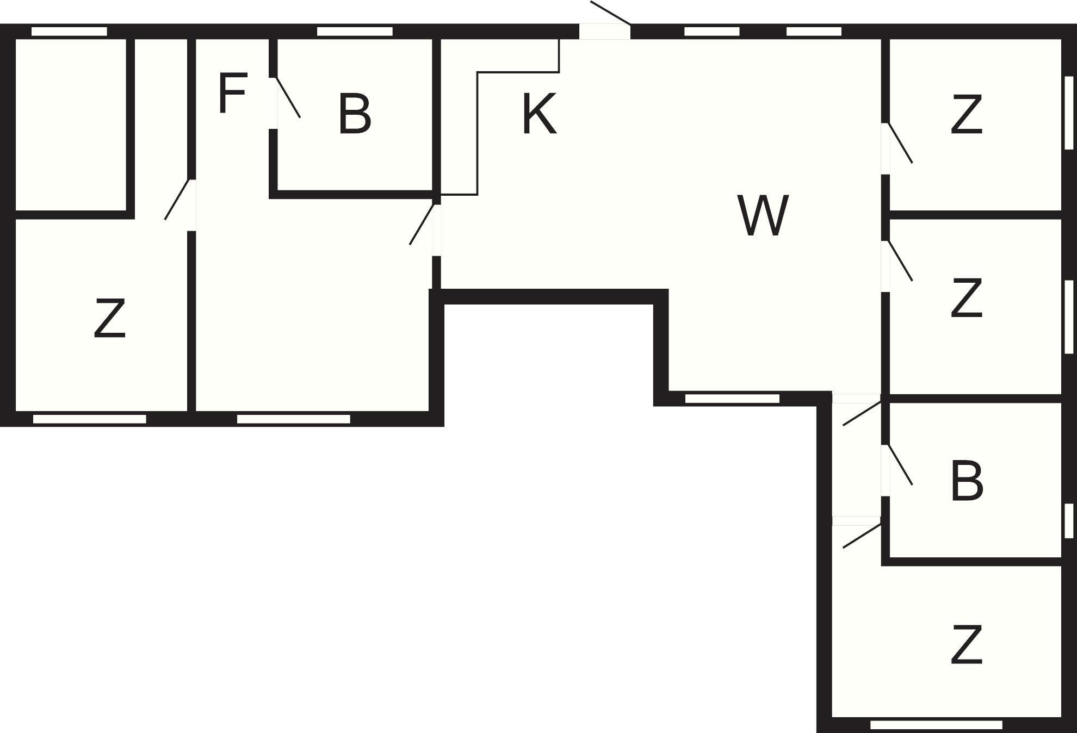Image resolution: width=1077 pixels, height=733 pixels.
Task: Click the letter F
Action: (x=232, y=93)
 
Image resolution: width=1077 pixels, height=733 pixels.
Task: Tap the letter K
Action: (x=539, y=114)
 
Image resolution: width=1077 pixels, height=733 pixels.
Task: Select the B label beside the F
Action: (x=355, y=114)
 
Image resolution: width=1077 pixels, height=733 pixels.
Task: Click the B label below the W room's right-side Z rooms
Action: (x=967, y=481)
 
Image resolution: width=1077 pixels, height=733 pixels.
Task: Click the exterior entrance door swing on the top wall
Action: (x=610, y=13)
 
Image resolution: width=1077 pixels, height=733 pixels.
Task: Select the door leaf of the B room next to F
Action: (x=288, y=97)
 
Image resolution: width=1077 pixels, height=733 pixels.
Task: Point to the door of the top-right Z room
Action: (x=900, y=143)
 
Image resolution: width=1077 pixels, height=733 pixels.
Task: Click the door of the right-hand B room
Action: (x=900, y=464)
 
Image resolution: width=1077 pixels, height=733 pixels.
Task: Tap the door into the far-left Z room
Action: (x=177, y=200)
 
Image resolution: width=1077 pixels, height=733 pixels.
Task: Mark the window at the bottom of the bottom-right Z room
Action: (x=936, y=725)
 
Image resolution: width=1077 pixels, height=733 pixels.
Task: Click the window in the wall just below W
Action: (x=732, y=399)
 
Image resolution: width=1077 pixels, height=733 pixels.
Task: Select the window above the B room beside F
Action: (x=355, y=32)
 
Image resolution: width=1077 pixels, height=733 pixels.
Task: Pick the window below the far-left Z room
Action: (x=90, y=419)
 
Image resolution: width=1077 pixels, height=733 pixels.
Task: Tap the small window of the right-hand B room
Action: (x=1069, y=521)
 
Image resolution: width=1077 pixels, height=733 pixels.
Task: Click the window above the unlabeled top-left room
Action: (x=69, y=32)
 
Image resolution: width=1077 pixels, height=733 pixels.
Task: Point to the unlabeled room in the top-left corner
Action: (x=71, y=124)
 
